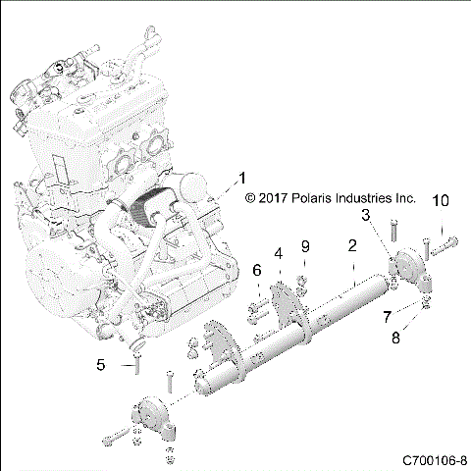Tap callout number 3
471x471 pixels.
click(x=365, y=214)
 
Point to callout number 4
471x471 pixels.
click(x=279, y=253)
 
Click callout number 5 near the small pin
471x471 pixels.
click(x=100, y=365)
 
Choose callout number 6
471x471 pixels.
click(x=257, y=270)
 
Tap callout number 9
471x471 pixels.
click(x=305, y=245)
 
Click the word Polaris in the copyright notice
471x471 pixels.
click(x=315, y=197)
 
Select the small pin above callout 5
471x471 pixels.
click(x=136, y=368)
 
